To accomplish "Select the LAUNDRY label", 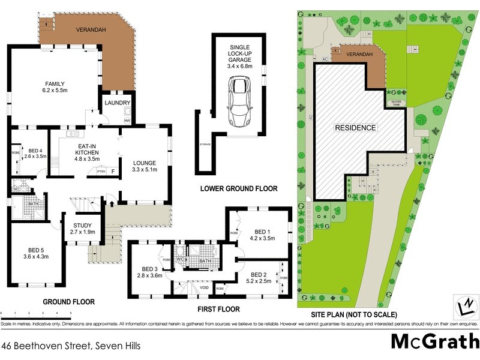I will pos(113,103).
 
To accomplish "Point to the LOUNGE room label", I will pos(144,163).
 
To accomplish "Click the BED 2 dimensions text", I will pos(263,280).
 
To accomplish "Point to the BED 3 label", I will pos(150,269).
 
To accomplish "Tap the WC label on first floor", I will pos(179,259).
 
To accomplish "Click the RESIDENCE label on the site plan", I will pos(356,128).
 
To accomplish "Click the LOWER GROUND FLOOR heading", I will pos(239,188).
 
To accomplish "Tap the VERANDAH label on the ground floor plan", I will pos(89,29).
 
